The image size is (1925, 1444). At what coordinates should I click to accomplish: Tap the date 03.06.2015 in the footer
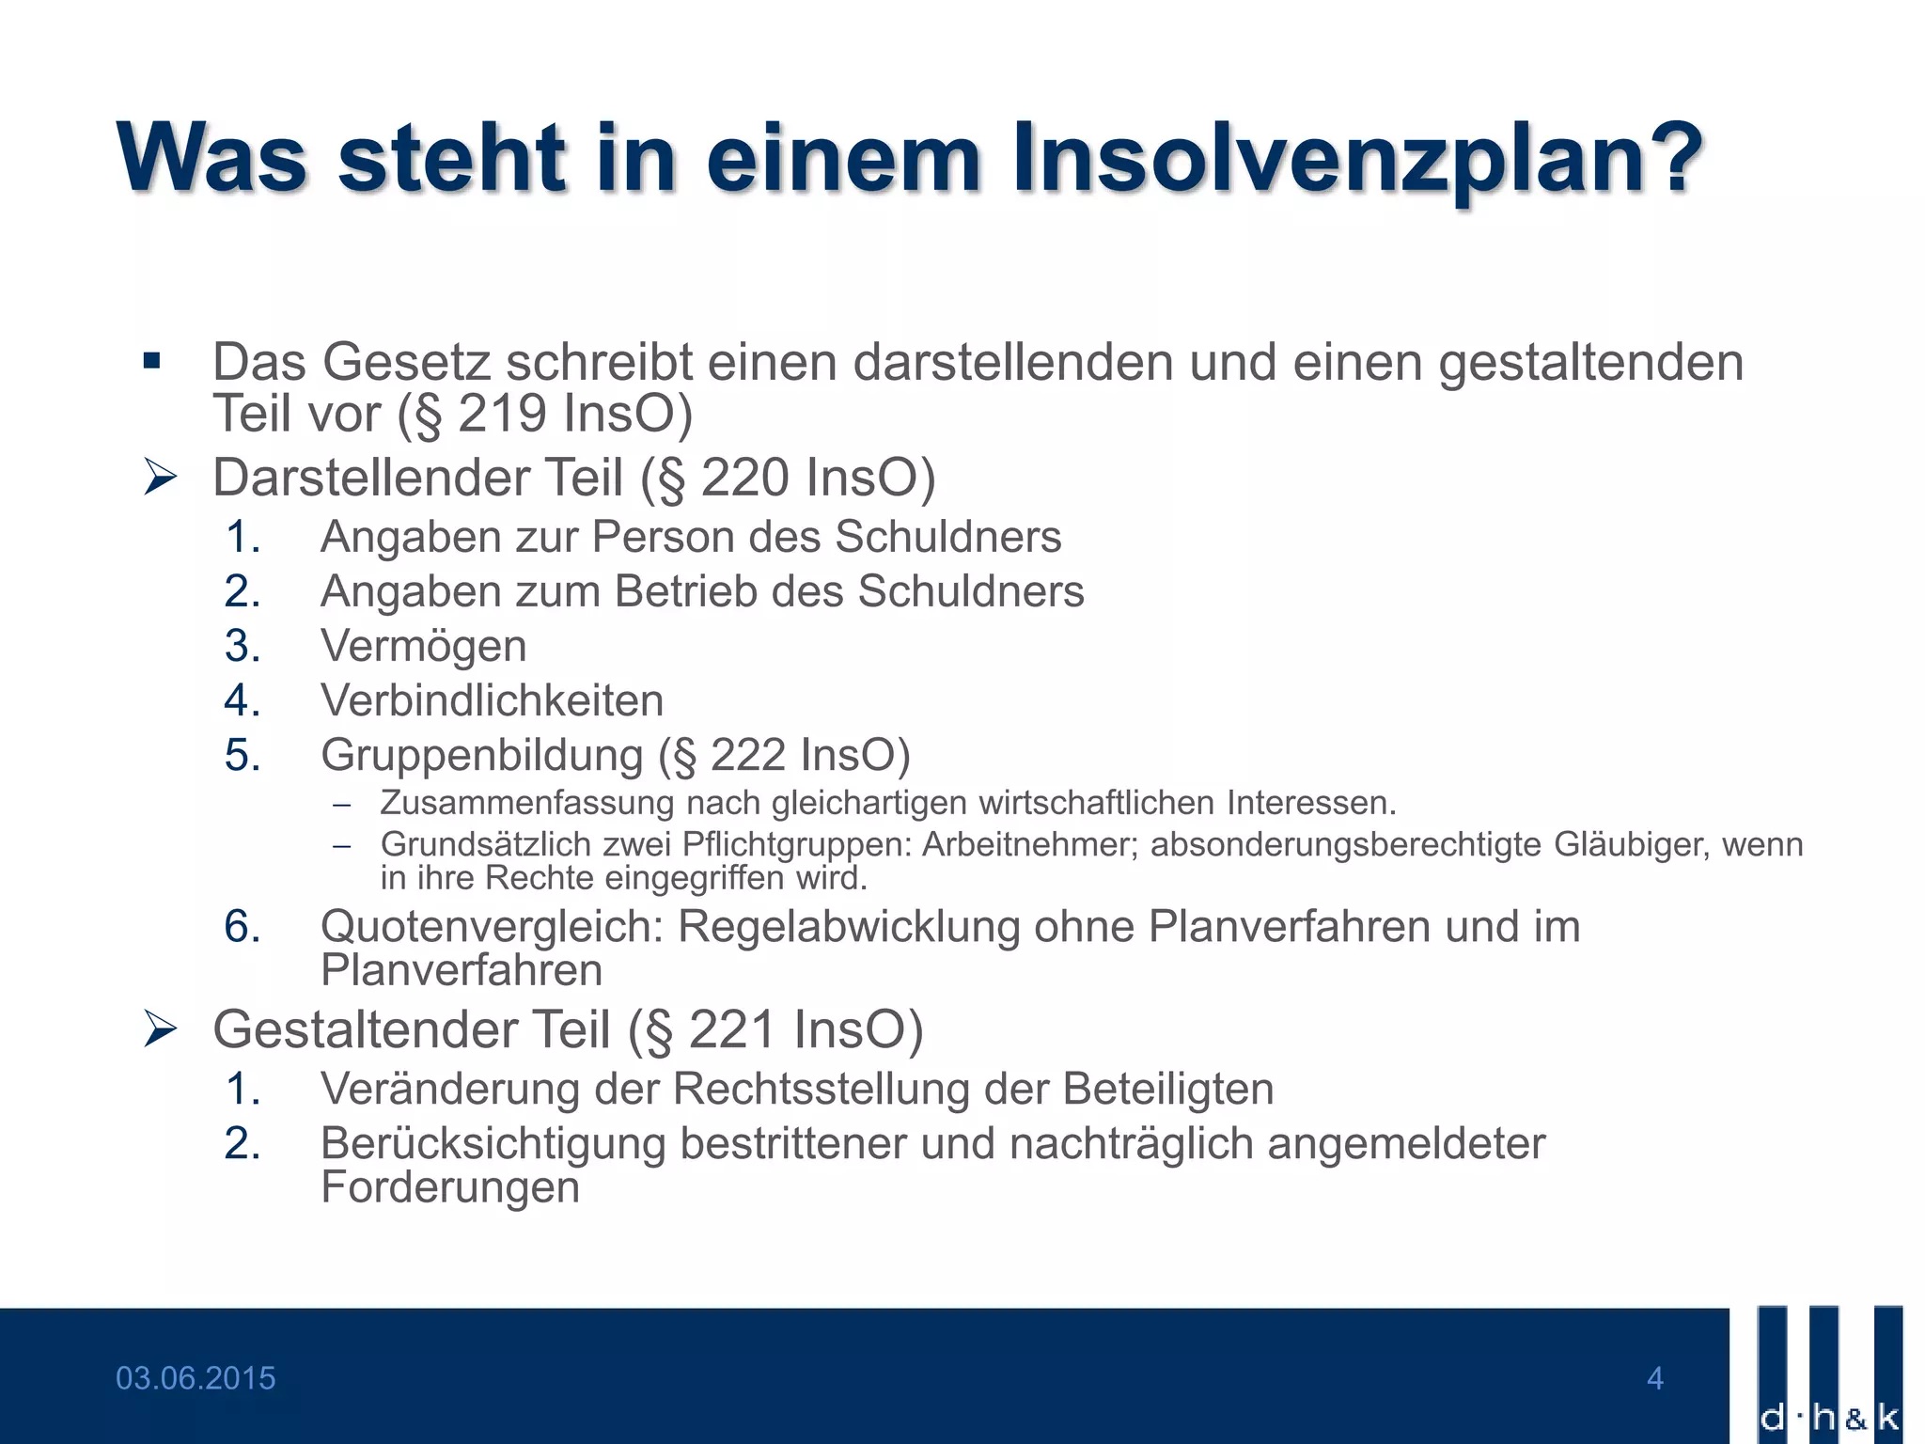point(196,1378)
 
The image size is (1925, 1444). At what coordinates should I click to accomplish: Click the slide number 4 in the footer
point(1655,1378)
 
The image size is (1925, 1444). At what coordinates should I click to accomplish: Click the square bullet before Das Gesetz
point(152,361)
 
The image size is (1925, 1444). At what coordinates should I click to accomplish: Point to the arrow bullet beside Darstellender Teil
point(160,478)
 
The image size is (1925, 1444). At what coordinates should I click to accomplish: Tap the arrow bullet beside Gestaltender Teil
point(160,1029)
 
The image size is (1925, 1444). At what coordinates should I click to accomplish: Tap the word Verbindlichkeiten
point(493,700)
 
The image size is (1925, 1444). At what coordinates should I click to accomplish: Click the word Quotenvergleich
point(493,928)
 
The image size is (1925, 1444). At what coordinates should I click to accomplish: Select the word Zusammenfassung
point(527,805)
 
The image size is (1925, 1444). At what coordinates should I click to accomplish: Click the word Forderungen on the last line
point(450,1188)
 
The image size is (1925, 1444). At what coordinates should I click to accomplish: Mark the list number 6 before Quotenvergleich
point(243,928)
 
